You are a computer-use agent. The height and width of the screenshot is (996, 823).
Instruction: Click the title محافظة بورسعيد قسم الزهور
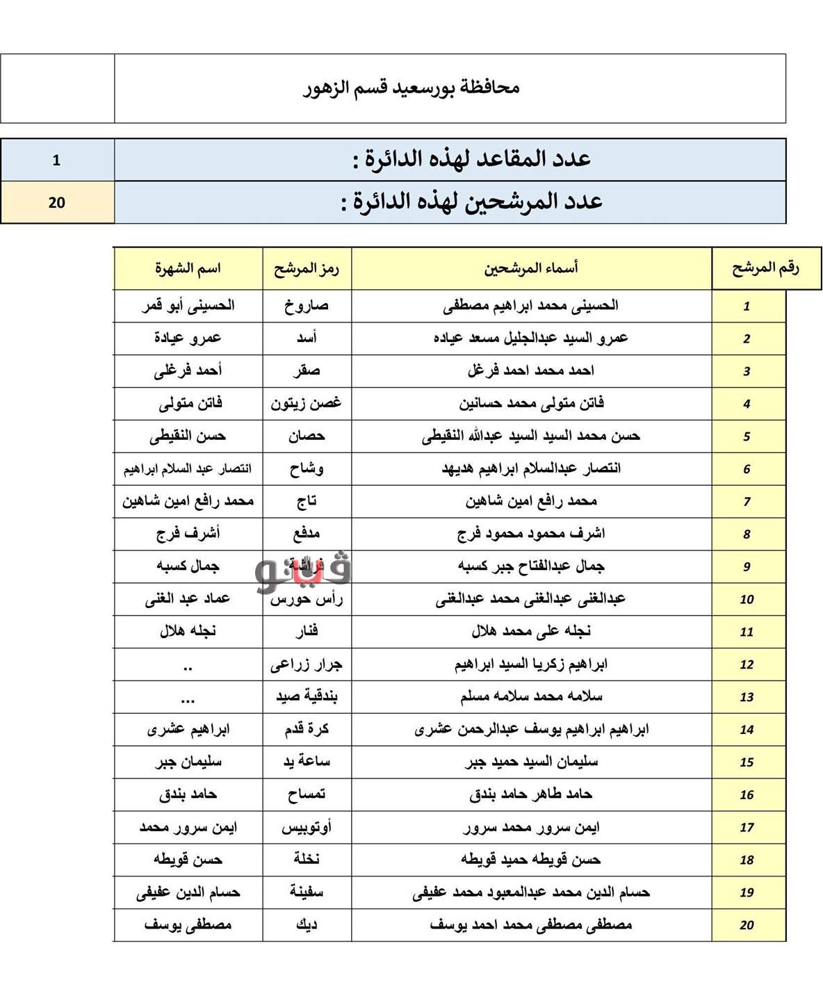coord(411,88)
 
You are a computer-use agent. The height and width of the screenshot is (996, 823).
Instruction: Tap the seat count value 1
coord(56,161)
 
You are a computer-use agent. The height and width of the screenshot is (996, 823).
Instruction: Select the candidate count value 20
coord(56,202)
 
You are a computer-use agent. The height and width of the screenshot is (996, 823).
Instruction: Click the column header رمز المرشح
coord(307,269)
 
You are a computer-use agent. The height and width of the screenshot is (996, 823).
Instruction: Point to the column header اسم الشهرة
coord(188,269)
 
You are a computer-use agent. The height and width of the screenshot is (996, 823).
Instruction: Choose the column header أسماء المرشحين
coord(531,268)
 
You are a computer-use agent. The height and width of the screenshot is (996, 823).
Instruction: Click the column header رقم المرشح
coord(765,268)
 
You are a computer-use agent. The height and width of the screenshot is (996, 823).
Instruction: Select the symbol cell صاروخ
coord(307,306)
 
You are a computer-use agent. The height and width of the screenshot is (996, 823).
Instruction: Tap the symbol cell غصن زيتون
coord(307,403)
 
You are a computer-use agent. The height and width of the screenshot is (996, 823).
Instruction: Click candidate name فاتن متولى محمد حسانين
coord(531,403)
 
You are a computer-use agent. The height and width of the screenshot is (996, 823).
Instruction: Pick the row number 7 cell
coord(747,502)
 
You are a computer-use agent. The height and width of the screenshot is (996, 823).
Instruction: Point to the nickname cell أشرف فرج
coord(188,534)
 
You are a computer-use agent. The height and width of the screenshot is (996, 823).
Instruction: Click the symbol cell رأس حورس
coord(307,599)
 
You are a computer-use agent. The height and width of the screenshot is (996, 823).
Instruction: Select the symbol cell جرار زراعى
coord(307,664)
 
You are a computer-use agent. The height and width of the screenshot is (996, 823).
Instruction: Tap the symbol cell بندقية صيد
coord(307,696)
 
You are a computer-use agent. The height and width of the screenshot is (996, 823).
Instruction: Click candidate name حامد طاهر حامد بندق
coord(531,794)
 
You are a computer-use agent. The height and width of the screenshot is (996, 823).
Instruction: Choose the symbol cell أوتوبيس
coord(307,827)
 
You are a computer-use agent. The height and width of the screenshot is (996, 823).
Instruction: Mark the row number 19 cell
coord(747,893)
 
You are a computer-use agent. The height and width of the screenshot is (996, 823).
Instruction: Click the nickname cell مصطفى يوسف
coord(188,925)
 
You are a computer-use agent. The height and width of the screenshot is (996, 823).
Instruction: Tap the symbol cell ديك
coord(307,925)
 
